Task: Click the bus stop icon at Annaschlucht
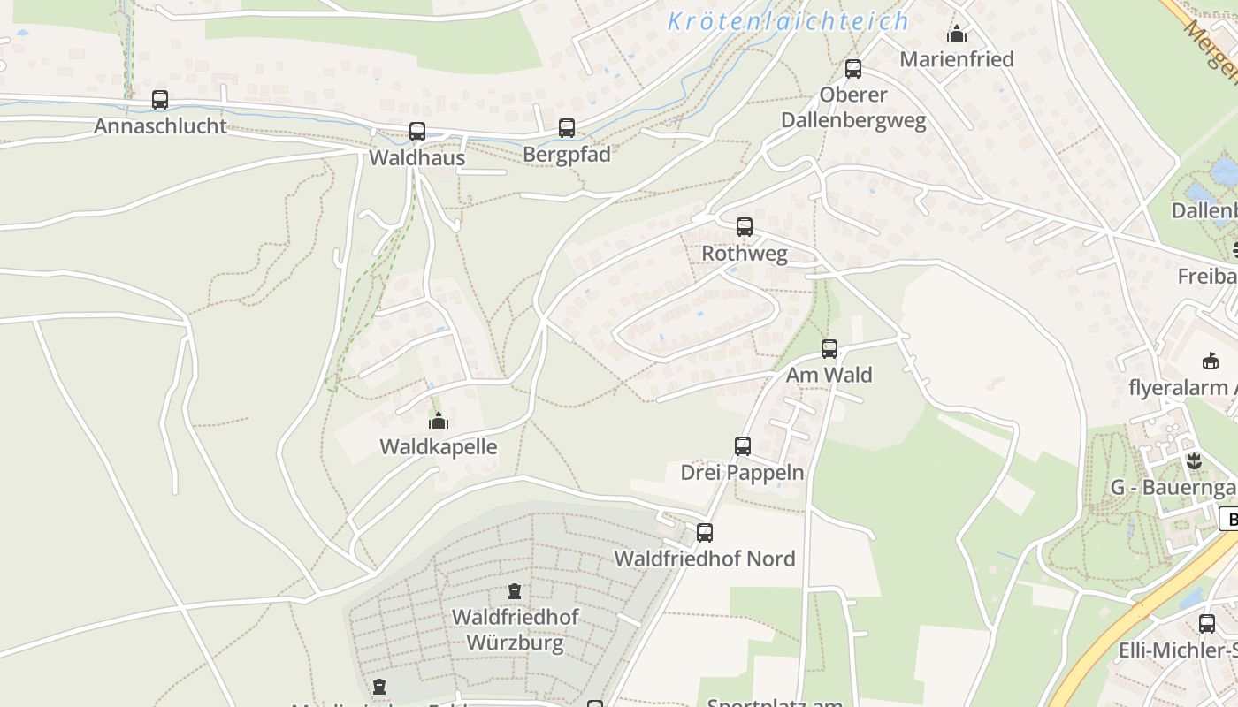(x=160, y=100)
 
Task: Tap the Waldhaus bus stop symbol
(x=417, y=132)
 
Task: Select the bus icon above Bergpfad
(x=567, y=128)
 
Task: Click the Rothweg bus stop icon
(x=745, y=227)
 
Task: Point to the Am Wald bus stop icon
(x=829, y=349)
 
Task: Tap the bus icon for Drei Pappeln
(x=743, y=446)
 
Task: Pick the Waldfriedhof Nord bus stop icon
(x=705, y=533)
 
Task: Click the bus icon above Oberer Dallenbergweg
(x=853, y=69)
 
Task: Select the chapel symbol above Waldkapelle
(x=439, y=421)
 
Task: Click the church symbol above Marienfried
(x=957, y=34)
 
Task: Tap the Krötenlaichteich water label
(x=788, y=21)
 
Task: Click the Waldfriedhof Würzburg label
(x=515, y=629)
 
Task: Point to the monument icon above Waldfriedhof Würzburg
(x=515, y=590)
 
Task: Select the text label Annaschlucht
(x=160, y=125)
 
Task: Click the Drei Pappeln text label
(x=743, y=472)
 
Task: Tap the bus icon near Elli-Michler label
(x=1207, y=624)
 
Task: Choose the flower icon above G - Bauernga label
(x=1194, y=460)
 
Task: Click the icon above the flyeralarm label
(x=1211, y=361)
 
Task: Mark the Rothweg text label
(x=745, y=253)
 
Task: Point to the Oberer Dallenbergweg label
(x=853, y=108)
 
